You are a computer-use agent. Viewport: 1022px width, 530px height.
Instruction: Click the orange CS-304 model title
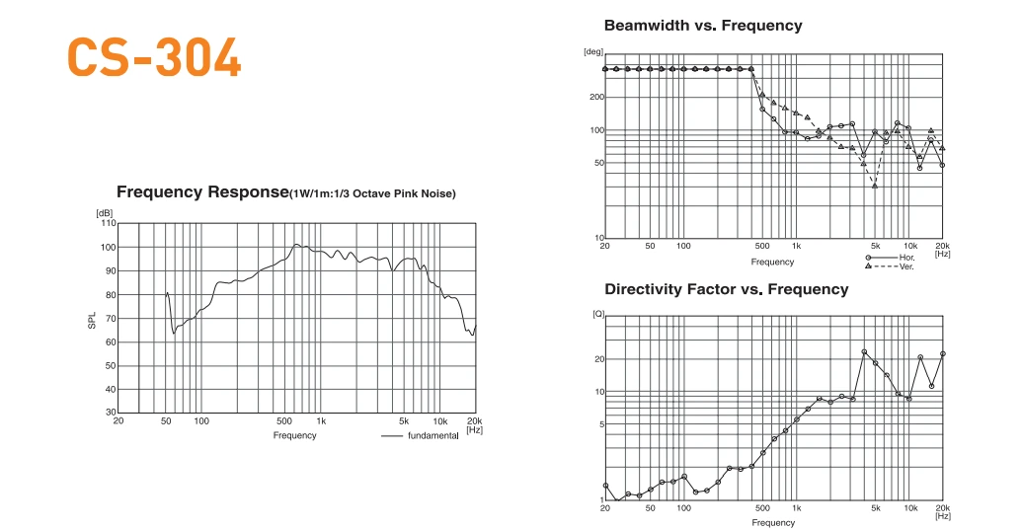[154, 58]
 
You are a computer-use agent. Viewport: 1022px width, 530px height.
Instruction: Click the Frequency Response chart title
[285, 192]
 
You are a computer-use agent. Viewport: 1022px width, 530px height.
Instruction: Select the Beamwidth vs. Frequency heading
[702, 26]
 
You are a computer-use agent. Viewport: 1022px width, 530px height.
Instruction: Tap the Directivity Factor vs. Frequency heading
[726, 289]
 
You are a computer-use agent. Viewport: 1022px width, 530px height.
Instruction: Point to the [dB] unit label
[104, 213]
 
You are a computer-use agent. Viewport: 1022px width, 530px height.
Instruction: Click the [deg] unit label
[593, 51]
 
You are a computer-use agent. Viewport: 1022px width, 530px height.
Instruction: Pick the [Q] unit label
[596, 314]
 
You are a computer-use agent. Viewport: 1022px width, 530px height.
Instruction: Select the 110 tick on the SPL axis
[109, 223]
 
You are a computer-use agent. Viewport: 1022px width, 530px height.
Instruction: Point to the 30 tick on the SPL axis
[111, 414]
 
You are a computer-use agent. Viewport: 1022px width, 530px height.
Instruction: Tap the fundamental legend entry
[432, 436]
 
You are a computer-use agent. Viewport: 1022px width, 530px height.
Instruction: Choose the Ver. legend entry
[906, 266]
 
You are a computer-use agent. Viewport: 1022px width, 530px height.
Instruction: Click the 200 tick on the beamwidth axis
[596, 97]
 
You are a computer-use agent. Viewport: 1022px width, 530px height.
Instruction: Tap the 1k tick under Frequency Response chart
[321, 421]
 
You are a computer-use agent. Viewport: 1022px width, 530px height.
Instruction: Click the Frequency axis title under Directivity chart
[772, 523]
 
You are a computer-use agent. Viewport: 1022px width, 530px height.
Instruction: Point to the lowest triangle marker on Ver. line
[875, 186]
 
